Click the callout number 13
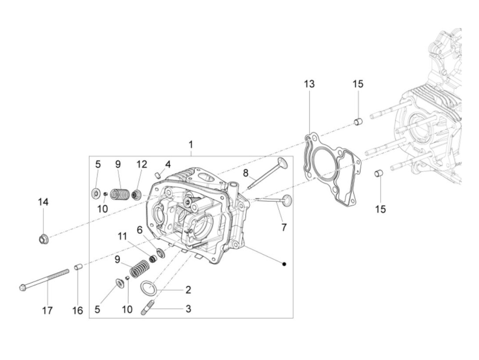pos(309,84)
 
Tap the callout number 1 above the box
pos(191,145)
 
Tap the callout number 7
pos(284,227)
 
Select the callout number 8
pos(246,173)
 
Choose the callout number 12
pos(142,164)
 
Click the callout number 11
pos(122,236)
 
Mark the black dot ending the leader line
pos(284,264)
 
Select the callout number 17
pos(47,310)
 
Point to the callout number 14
pos(43,202)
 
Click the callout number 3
pos(188,309)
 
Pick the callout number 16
pos(78,310)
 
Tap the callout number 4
pos(168,164)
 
